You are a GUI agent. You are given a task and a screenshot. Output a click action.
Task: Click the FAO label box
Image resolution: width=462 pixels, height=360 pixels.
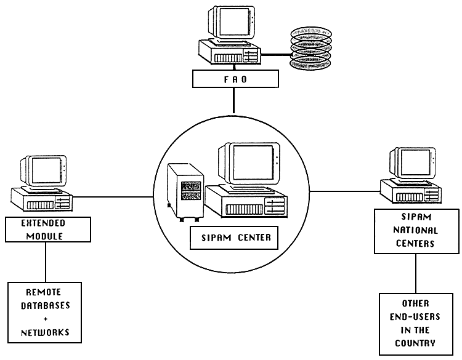click(233, 79)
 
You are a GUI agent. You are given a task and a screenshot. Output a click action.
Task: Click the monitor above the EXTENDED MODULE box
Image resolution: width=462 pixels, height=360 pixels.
click(44, 170)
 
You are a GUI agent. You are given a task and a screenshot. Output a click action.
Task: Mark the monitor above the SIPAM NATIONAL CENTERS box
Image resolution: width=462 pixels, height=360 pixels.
click(413, 162)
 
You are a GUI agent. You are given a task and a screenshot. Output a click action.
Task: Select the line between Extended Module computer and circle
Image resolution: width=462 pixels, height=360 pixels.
click(113, 198)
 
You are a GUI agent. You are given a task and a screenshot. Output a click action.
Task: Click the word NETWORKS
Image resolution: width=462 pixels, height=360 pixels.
click(46, 333)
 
